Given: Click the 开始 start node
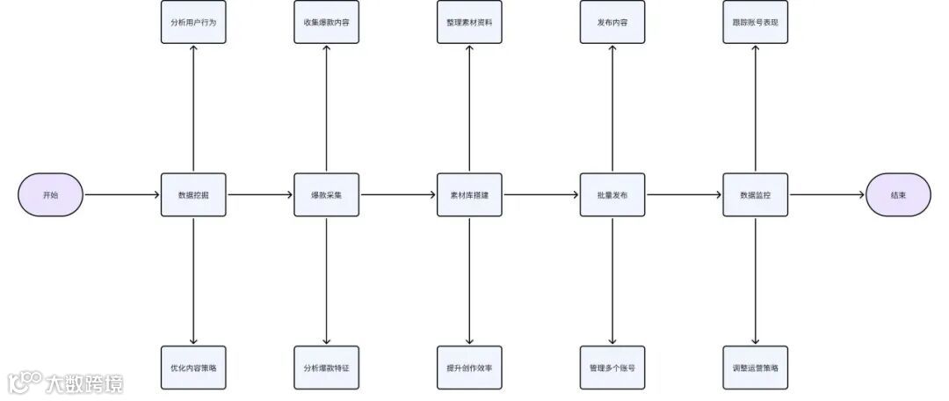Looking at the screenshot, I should tap(51, 194).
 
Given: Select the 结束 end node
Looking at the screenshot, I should tap(898, 194).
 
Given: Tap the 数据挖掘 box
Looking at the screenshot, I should tap(193, 194).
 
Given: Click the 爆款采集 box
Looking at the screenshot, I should tap(326, 194).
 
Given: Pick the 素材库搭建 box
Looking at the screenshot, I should tap(469, 194).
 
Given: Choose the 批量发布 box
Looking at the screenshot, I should tap(612, 194).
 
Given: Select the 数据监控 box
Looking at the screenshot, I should tap(755, 194).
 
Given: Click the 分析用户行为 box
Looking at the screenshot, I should tap(193, 22).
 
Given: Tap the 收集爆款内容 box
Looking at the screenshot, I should tap(326, 22).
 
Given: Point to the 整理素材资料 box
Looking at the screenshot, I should tap(469, 22).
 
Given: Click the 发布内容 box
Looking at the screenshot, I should tap(612, 22).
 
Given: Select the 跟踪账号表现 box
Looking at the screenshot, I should tap(755, 22).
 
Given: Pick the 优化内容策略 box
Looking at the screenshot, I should tap(193, 367).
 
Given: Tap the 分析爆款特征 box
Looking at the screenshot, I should tap(326, 367).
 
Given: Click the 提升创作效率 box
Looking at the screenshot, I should tap(469, 367).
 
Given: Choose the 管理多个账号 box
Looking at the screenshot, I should tap(612, 367).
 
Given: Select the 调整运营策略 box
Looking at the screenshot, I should tap(755, 367).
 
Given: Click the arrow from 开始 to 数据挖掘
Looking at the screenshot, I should tap(122, 194).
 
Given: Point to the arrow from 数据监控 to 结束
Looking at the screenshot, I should tap(826, 194).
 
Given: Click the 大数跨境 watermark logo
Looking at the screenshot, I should tap(65, 383).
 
